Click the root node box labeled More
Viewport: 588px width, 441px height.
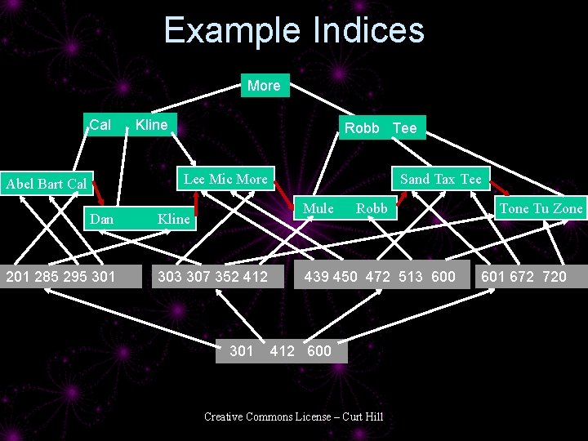(x=264, y=86)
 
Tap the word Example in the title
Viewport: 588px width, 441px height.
(x=231, y=31)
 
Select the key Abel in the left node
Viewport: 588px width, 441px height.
(x=20, y=184)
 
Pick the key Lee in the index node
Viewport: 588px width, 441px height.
(x=194, y=179)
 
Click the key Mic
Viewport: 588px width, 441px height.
(x=221, y=179)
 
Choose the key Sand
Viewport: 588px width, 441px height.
(x=415, y=179)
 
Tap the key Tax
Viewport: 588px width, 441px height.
(x=445, y=179)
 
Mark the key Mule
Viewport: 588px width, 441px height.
(x=318, y=208)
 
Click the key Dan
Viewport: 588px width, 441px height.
(x=102, y=219)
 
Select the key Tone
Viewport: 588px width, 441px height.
(x=514, y=208)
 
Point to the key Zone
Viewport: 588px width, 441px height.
(x=568, y=208)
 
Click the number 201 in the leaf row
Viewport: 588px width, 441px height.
(x=19, y=276)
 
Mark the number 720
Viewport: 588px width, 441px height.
(x=554, y=276)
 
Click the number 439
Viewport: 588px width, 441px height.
(x=318, y=276)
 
